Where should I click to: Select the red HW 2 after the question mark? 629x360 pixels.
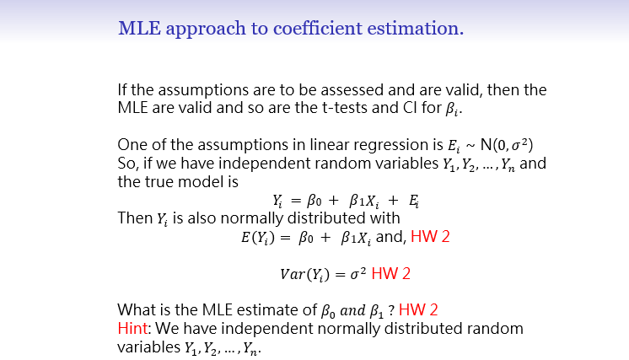pyautogui.click(x=418, y=309)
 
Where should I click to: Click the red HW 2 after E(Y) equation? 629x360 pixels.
pyautogui.click(x=430, y=237)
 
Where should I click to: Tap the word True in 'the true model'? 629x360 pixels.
pyautogui.click(x=159, y=181)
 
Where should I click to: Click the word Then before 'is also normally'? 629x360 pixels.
pyautogui.click(x=135, y=218)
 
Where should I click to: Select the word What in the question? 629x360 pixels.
pyautogui.click(x=136, y=309)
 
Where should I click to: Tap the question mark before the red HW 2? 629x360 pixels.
pyautogui.click(x=392, y=309)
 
